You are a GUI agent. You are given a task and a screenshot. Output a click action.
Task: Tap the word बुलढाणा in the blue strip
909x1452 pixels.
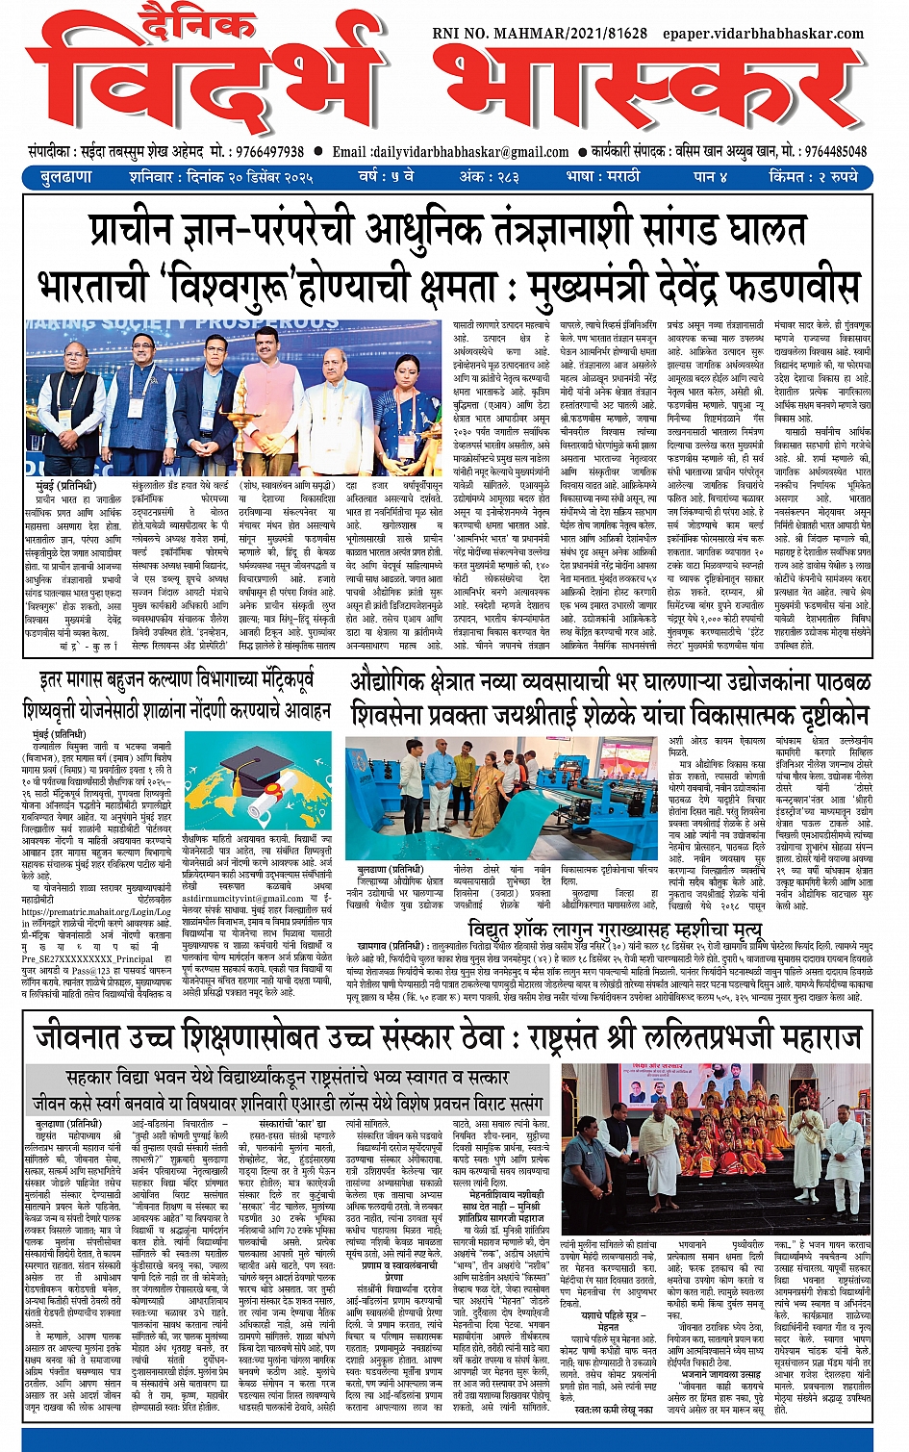point(66,177)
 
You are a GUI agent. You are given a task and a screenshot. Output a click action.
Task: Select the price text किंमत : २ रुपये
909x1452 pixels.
point(813,177)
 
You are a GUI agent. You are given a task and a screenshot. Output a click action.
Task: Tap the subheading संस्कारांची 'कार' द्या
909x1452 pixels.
point(292,1124)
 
